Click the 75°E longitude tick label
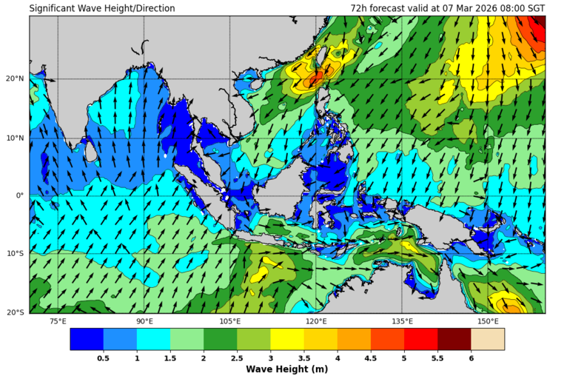tap(58, 321)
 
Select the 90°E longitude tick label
tap(144, 321)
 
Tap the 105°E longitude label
tap(230, 321)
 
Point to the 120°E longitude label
tap(316, 321)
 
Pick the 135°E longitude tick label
tap(402, 321)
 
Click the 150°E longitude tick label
tap(488, 321)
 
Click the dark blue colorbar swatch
tap(87, 339)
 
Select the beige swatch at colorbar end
tap(488, 339)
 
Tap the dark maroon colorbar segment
tap(454, 339)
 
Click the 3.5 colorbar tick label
tap(303, 357)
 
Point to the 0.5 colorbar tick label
tap(104, 357)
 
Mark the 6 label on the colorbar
tap(471, 357)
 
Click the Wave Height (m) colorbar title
tap(287, 369)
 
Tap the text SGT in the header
tap(535, 9)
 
